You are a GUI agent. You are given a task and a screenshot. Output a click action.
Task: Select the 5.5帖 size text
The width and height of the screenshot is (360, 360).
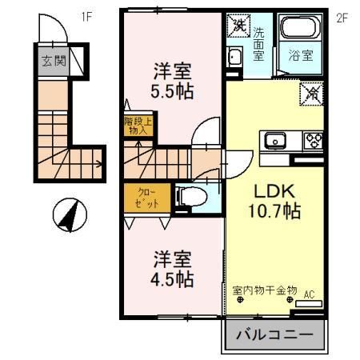[173, 90]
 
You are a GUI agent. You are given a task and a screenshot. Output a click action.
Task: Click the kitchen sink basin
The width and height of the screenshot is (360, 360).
[273, 142]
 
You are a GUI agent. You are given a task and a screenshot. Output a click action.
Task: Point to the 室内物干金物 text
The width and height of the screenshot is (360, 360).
[264, 289]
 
